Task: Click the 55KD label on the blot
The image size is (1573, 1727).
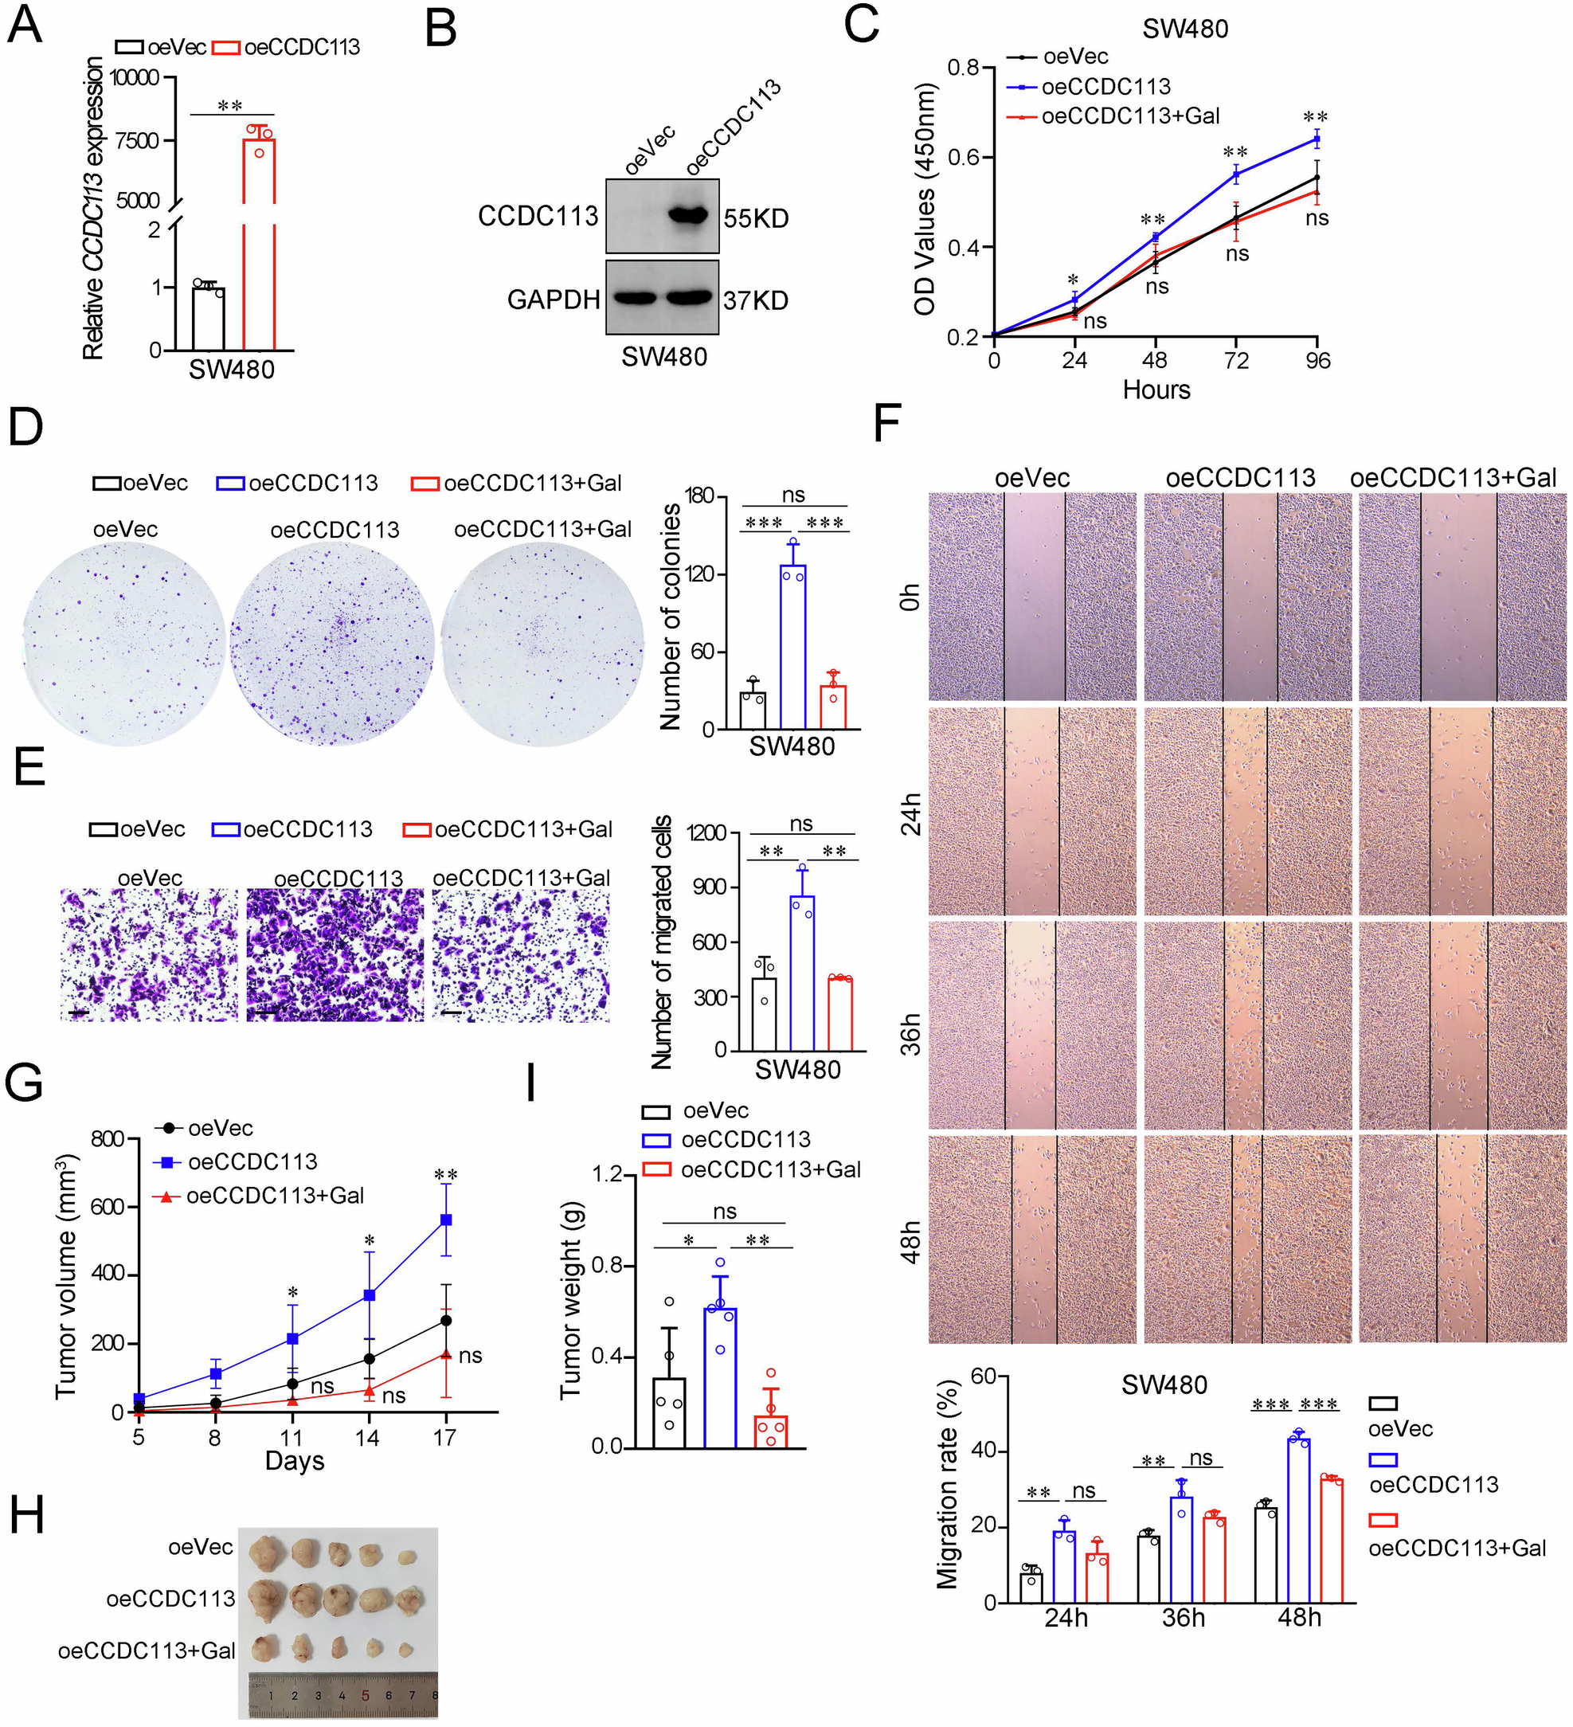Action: coord(755,218)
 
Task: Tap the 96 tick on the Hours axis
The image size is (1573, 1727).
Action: coord(1318,361)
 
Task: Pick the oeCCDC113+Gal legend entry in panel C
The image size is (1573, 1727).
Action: coord(1130,116)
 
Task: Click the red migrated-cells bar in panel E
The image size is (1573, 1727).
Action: coord(840,1013)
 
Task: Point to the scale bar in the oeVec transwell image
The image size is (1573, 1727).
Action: coord(79,1013)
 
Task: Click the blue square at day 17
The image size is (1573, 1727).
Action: coord(445,1220)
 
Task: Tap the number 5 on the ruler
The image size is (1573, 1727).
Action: coord(366,1695)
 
